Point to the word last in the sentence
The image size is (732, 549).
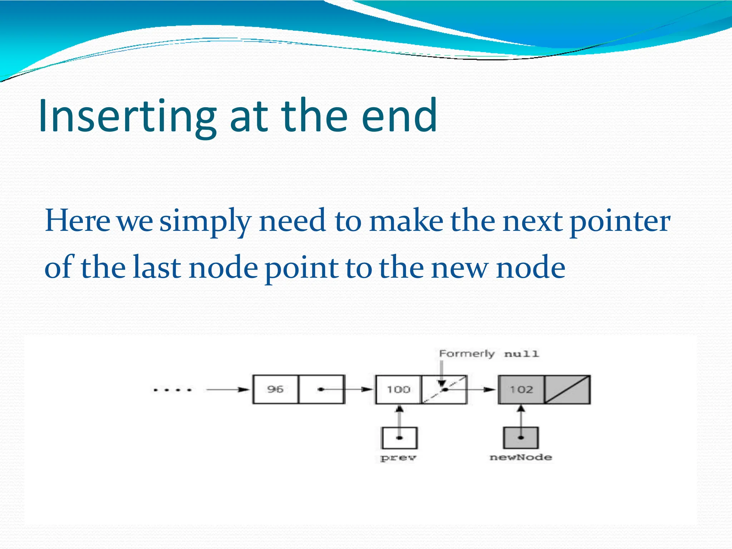[x=157, y=268]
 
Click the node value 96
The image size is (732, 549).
[x=275, y=389]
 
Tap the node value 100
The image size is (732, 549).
[x=398, y=389]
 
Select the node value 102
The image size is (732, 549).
[x=521, y=389]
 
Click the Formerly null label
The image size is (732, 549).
[x=489, y=354]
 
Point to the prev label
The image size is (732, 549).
[x=399, y=457]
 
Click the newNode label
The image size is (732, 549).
[x=521, y=457]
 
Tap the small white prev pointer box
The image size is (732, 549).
[x=399, y=438]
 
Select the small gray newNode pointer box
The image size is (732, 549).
[x=521, y=438]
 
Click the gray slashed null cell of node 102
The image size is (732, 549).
[x=567, y=389]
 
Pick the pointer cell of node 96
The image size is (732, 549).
[x=321, y=389]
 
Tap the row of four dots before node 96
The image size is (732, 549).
[x=173, y=390]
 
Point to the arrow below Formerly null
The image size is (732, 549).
[x=442, y=374]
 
